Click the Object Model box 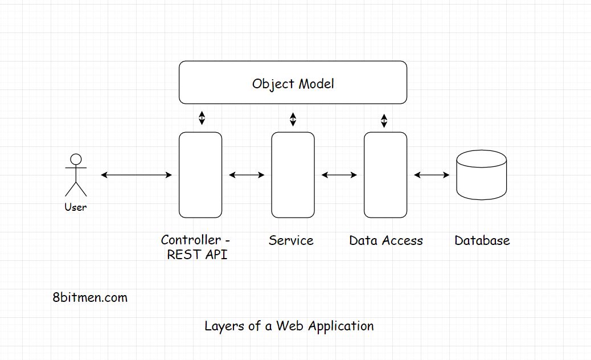click(x=293, y=83)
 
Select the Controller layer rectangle click(x=200, y=175)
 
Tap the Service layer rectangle click(x=293, y=175)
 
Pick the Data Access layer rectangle click(x=385, y=175)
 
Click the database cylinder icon click(x=482, y=175)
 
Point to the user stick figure click(x=76, y=175)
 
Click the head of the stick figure click(x=76, y=159)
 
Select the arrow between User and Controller click(x=136, y=175)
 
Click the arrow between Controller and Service click(x=247, y=175)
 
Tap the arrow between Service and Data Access click(x=339, y=175)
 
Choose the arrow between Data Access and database click(x=432, y=175)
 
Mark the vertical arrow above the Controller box click(x=201, y=118)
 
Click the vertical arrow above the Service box click(x=293, y=119)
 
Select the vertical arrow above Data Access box click(x=384, y=120)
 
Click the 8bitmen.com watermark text click(x=90, y=297)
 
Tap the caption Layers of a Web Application click(x=289, y=326)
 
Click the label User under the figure click(x=76, y=207)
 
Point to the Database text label click(x=482, y=240)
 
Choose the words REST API click(x=197, y=255)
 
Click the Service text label click(x=291, y=240)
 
